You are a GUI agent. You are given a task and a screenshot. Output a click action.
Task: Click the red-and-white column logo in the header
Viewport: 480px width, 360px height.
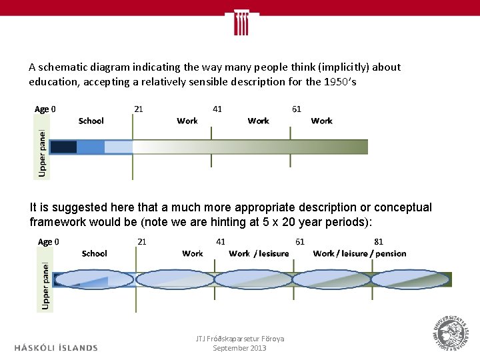pos(240,23)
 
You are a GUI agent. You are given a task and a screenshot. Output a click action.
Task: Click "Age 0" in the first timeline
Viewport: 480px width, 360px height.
pos(45,109)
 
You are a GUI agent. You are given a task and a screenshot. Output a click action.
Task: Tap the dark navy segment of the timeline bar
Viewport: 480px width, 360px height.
pos(64,147)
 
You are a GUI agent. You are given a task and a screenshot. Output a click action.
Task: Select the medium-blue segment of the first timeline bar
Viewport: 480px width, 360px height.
pos(91,147)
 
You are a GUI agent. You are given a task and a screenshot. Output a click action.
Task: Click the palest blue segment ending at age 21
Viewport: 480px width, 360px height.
pos(119,147)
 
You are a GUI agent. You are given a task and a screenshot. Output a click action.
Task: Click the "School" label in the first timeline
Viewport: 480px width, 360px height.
pos(91,121)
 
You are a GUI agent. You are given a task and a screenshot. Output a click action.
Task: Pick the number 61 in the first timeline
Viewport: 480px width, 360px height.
pos(297,109)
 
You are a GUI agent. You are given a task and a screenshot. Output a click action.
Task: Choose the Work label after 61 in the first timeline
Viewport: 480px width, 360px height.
pos(321,121)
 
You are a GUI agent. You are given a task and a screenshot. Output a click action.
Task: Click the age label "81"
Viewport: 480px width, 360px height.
pos(378,241)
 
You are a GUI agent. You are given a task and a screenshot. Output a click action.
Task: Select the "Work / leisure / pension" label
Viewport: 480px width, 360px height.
pos(359,253)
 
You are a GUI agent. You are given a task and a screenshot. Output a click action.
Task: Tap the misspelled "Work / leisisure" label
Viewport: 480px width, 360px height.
pos(259,253)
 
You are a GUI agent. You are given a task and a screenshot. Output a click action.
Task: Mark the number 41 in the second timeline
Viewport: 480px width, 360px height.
pos(221,241)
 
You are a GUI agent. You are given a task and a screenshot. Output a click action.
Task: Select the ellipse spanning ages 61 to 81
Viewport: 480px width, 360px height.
pos(332,279)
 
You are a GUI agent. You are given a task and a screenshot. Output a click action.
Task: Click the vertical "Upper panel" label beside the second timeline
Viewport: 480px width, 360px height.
pos(45,284)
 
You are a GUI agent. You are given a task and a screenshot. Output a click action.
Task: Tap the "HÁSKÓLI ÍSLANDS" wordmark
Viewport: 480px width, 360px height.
pos(56,347)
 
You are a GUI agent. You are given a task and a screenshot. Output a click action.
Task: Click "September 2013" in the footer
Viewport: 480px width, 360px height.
pos(239,348)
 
